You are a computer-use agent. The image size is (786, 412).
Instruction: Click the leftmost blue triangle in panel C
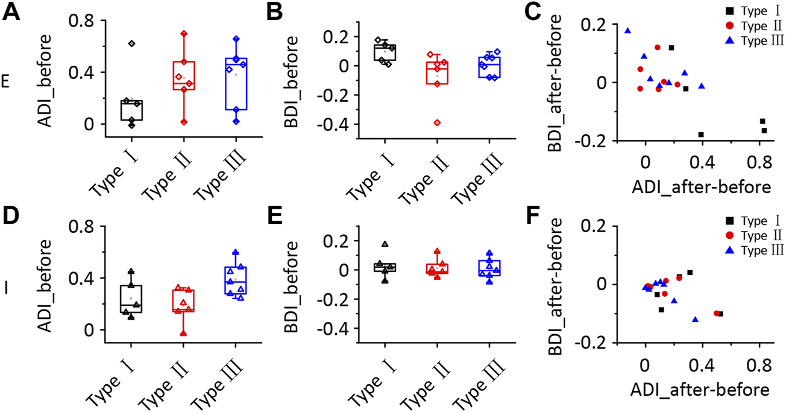pyautogui.click(x=627, y=31)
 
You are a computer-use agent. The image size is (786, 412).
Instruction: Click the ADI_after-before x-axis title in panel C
pyautogui.click(x=701, y=187)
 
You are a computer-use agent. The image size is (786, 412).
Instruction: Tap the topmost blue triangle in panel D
pyautogui.click(x=236, y=252)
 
